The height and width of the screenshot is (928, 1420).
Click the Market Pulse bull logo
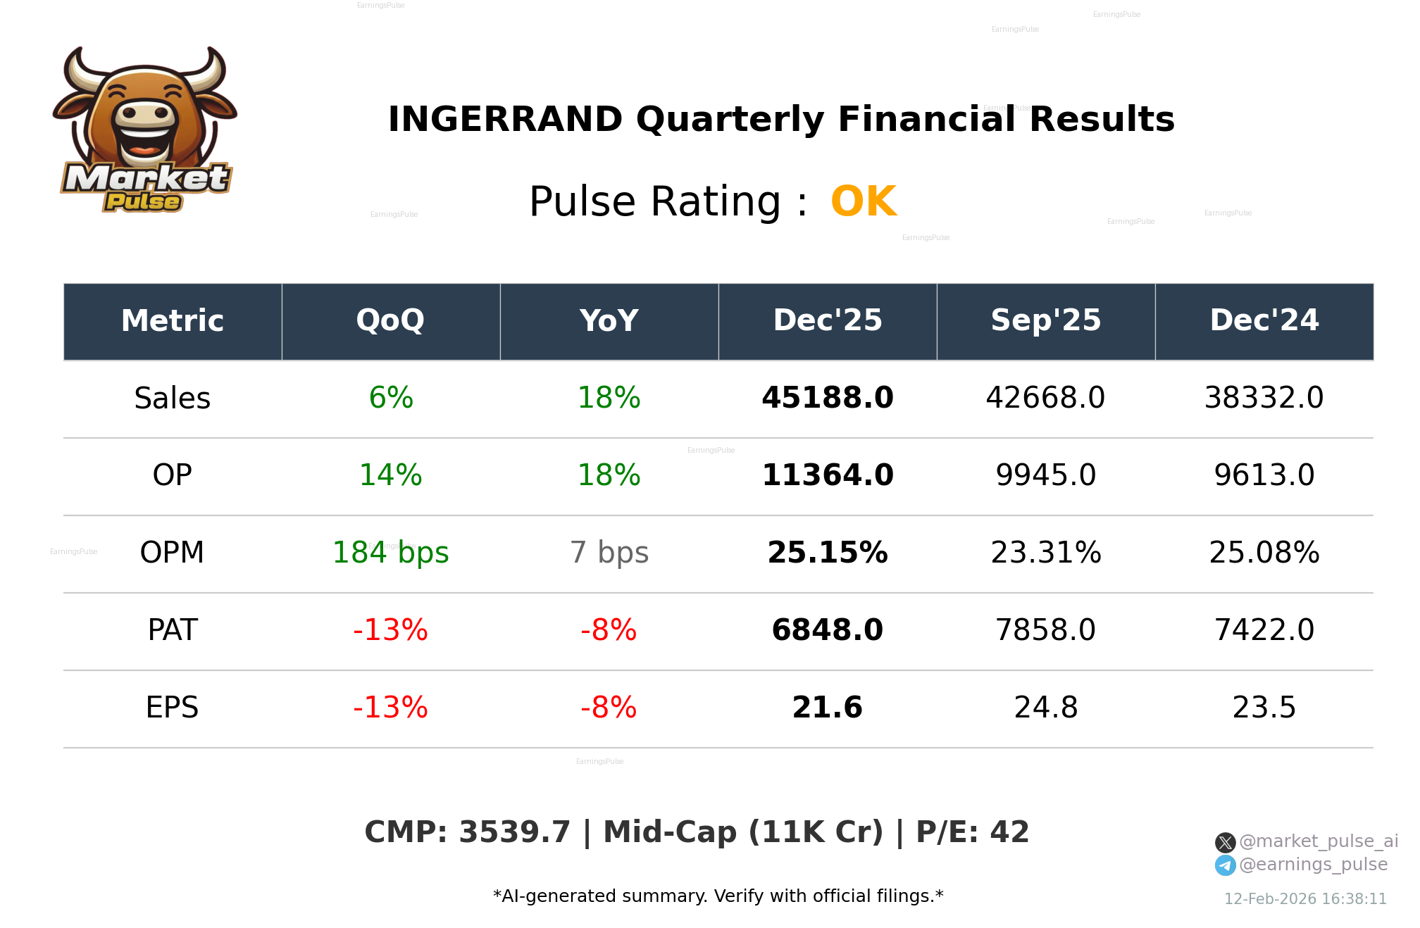point(144,130)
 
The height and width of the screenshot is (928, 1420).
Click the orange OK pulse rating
point(864,202)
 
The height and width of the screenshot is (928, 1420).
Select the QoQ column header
point(390,321)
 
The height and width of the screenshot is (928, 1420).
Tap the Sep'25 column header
point(1045,321)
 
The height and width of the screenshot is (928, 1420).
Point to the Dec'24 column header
point(1264,321)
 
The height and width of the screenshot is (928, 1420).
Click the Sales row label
point(173,399)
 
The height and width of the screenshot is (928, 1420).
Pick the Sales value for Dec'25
point(827,399)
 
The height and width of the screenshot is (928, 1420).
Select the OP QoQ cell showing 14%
point(390,476)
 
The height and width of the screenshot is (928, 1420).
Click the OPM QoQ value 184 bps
point(390,553)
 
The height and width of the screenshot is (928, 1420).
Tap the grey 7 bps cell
point(609,553)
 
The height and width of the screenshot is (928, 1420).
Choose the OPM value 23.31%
point(1045,553)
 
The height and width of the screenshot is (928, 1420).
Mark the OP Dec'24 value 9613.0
point(1264,476)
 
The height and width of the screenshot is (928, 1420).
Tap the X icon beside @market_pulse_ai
point(1225,842)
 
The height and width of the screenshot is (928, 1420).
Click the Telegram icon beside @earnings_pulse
point(1225,865)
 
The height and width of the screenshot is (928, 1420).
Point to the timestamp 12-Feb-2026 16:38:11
point(1305,899)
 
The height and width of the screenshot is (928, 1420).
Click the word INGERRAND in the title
point(505,120)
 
